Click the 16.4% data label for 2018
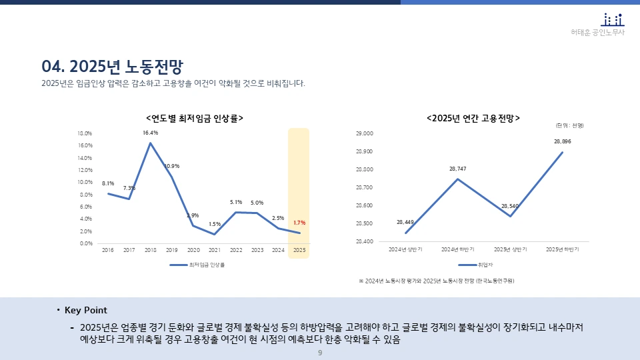click(150, 133)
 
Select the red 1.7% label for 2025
click(299, 223)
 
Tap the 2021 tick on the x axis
click(214, 251)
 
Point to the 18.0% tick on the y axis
click(85, 133)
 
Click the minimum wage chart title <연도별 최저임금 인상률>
click(194, 118)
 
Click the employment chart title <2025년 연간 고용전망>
click(473, 118)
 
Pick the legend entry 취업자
click(476, 265)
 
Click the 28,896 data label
click(562, 141)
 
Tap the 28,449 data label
click(405, 222)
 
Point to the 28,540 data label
click(510, 206)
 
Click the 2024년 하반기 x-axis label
click(457, 250)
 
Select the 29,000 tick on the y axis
click(365, 133)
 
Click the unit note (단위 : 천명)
click(569, 125)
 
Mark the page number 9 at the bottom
click(320, 353)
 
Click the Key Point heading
click(85, 311)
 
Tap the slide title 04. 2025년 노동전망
click(112, 66)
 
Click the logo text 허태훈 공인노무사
click(598, 33)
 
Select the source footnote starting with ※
click(437, 281)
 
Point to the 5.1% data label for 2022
click(235, 202)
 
